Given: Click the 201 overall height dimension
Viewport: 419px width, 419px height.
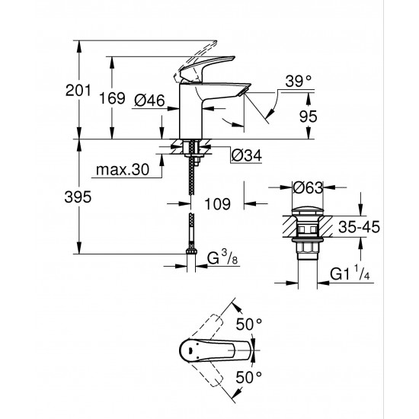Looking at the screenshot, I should click(59, 91).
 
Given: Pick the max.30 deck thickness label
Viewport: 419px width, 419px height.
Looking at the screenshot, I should click(121, 168).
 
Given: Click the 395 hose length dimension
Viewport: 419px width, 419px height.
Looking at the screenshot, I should click(59, 197).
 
